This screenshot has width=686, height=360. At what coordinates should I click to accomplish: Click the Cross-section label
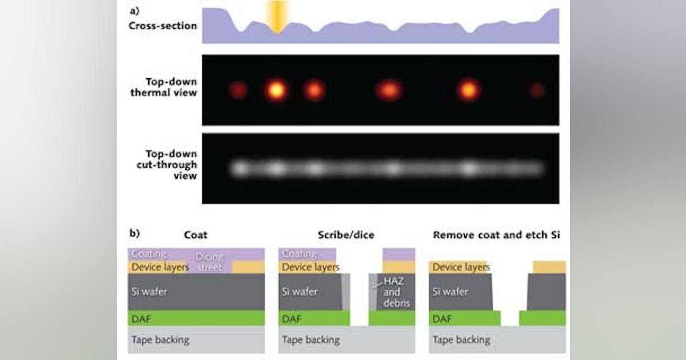point(163,26)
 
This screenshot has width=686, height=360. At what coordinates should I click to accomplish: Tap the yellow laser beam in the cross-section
point(278,17)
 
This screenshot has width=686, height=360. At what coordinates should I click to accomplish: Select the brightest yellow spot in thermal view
point(277,90)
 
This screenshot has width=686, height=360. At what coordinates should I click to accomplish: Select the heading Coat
point(196,235)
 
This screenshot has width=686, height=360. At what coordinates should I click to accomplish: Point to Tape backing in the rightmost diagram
point(461,340)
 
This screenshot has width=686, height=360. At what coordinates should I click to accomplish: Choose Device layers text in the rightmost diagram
point(461,267)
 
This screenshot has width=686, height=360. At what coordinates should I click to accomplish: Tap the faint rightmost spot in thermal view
point(536,90)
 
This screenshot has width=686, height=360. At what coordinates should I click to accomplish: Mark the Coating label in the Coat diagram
point(149,254)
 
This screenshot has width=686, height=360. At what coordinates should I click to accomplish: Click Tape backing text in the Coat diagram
point(160,340)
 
